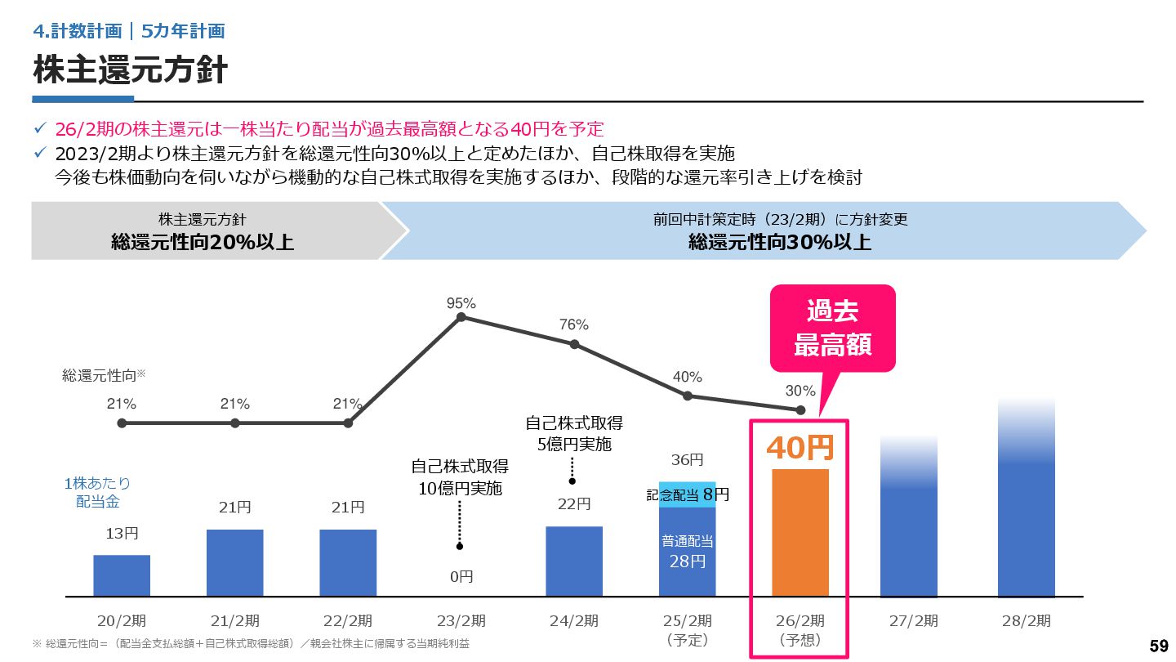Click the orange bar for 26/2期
(x=800, y=532)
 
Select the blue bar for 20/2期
(x=122, y=575)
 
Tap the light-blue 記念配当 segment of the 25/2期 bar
(x=687, y=494)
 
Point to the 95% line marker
(x=461, y=317)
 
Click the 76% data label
(x=574, y=324)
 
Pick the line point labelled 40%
(x=688, y=396)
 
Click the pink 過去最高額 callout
(x=832, y=328)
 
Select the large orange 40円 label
(x=800, y=447)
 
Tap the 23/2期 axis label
(x=461, y=621)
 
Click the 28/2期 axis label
(x=1027, y=621)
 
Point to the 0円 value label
(x=461, y=577)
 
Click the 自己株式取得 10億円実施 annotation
(x=460, y=478)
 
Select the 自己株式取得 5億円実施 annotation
(x=573, y=434)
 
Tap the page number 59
(x=1158, y=646)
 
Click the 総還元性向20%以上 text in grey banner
(x=203, y=242)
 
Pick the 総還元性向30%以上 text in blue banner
(x=780, y=242)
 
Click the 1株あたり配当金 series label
(x=97, y=492)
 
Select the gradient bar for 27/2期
(x=908, y=523)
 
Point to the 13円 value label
(x=122, y=534)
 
